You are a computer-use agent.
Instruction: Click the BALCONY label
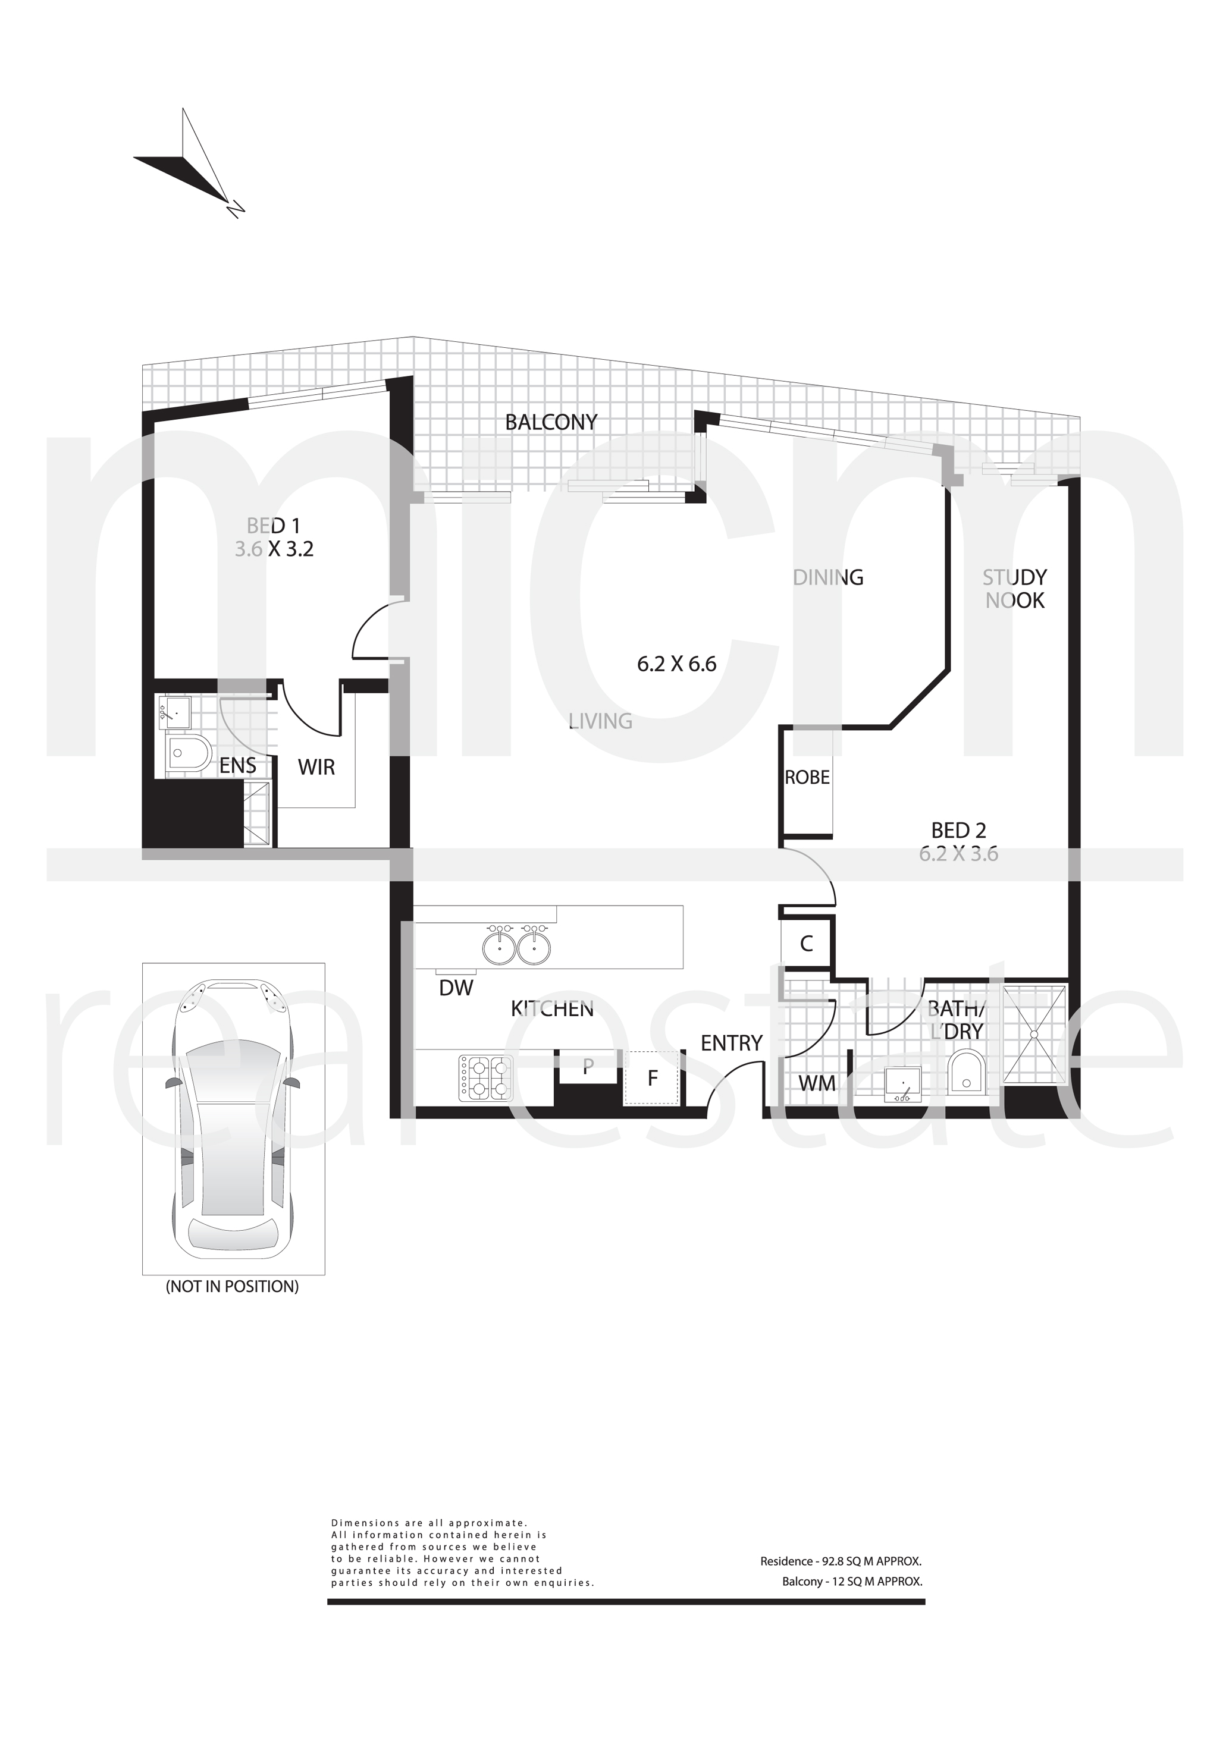[x=551, y=422]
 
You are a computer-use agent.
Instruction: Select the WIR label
[x=316, y=768]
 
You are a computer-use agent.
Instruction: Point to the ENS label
[x=238, y=765]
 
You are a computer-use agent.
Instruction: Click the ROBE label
[x=807, y=777]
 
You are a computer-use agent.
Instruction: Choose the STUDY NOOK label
[x=1015, y=589]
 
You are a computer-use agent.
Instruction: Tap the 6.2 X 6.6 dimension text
[x=676, y=665]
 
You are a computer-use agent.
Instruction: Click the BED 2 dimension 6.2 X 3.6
[x=959, y=854]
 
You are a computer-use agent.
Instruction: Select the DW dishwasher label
[x=456, y=988]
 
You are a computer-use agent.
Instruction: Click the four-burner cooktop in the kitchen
[x=485, y=1079]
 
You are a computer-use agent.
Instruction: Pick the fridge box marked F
[x=653, y=1078]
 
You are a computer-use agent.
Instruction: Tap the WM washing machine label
[x=817, y=1083]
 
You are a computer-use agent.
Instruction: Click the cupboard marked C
[x=807, y=943]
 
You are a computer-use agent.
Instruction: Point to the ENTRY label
[x=732, y=1043]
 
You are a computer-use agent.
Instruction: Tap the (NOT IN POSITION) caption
[x=233, y=1287]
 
